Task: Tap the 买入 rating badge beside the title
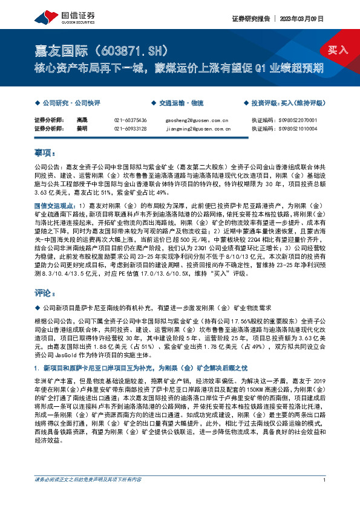[x=338, y=49]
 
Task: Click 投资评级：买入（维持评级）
[x=289, y=103]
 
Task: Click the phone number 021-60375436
[x=131, y=120]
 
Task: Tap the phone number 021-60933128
[x=131, y=128]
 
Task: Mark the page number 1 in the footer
[x=325, y=497]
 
